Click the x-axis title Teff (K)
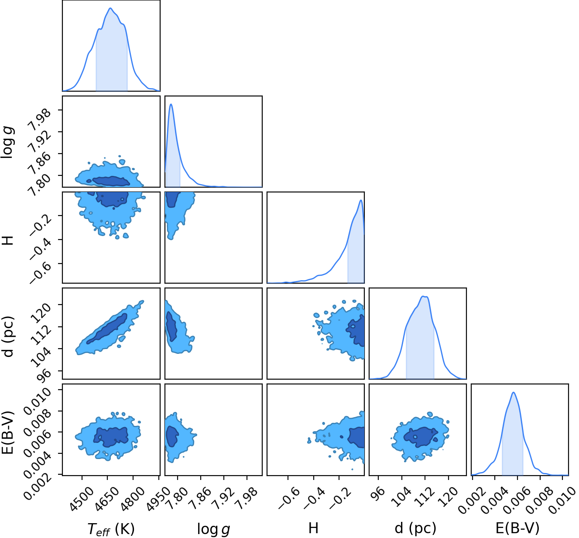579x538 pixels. tap(111, 529)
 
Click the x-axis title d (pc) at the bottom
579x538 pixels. tap(415, 528)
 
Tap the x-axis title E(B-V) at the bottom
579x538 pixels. tap(518, 528)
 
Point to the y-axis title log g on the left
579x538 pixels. tap(8, 142)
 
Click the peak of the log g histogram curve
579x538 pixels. tap(171, 104)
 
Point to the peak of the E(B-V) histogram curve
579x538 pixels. tap(514, 392)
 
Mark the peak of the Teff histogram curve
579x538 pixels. tap(110, 8)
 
